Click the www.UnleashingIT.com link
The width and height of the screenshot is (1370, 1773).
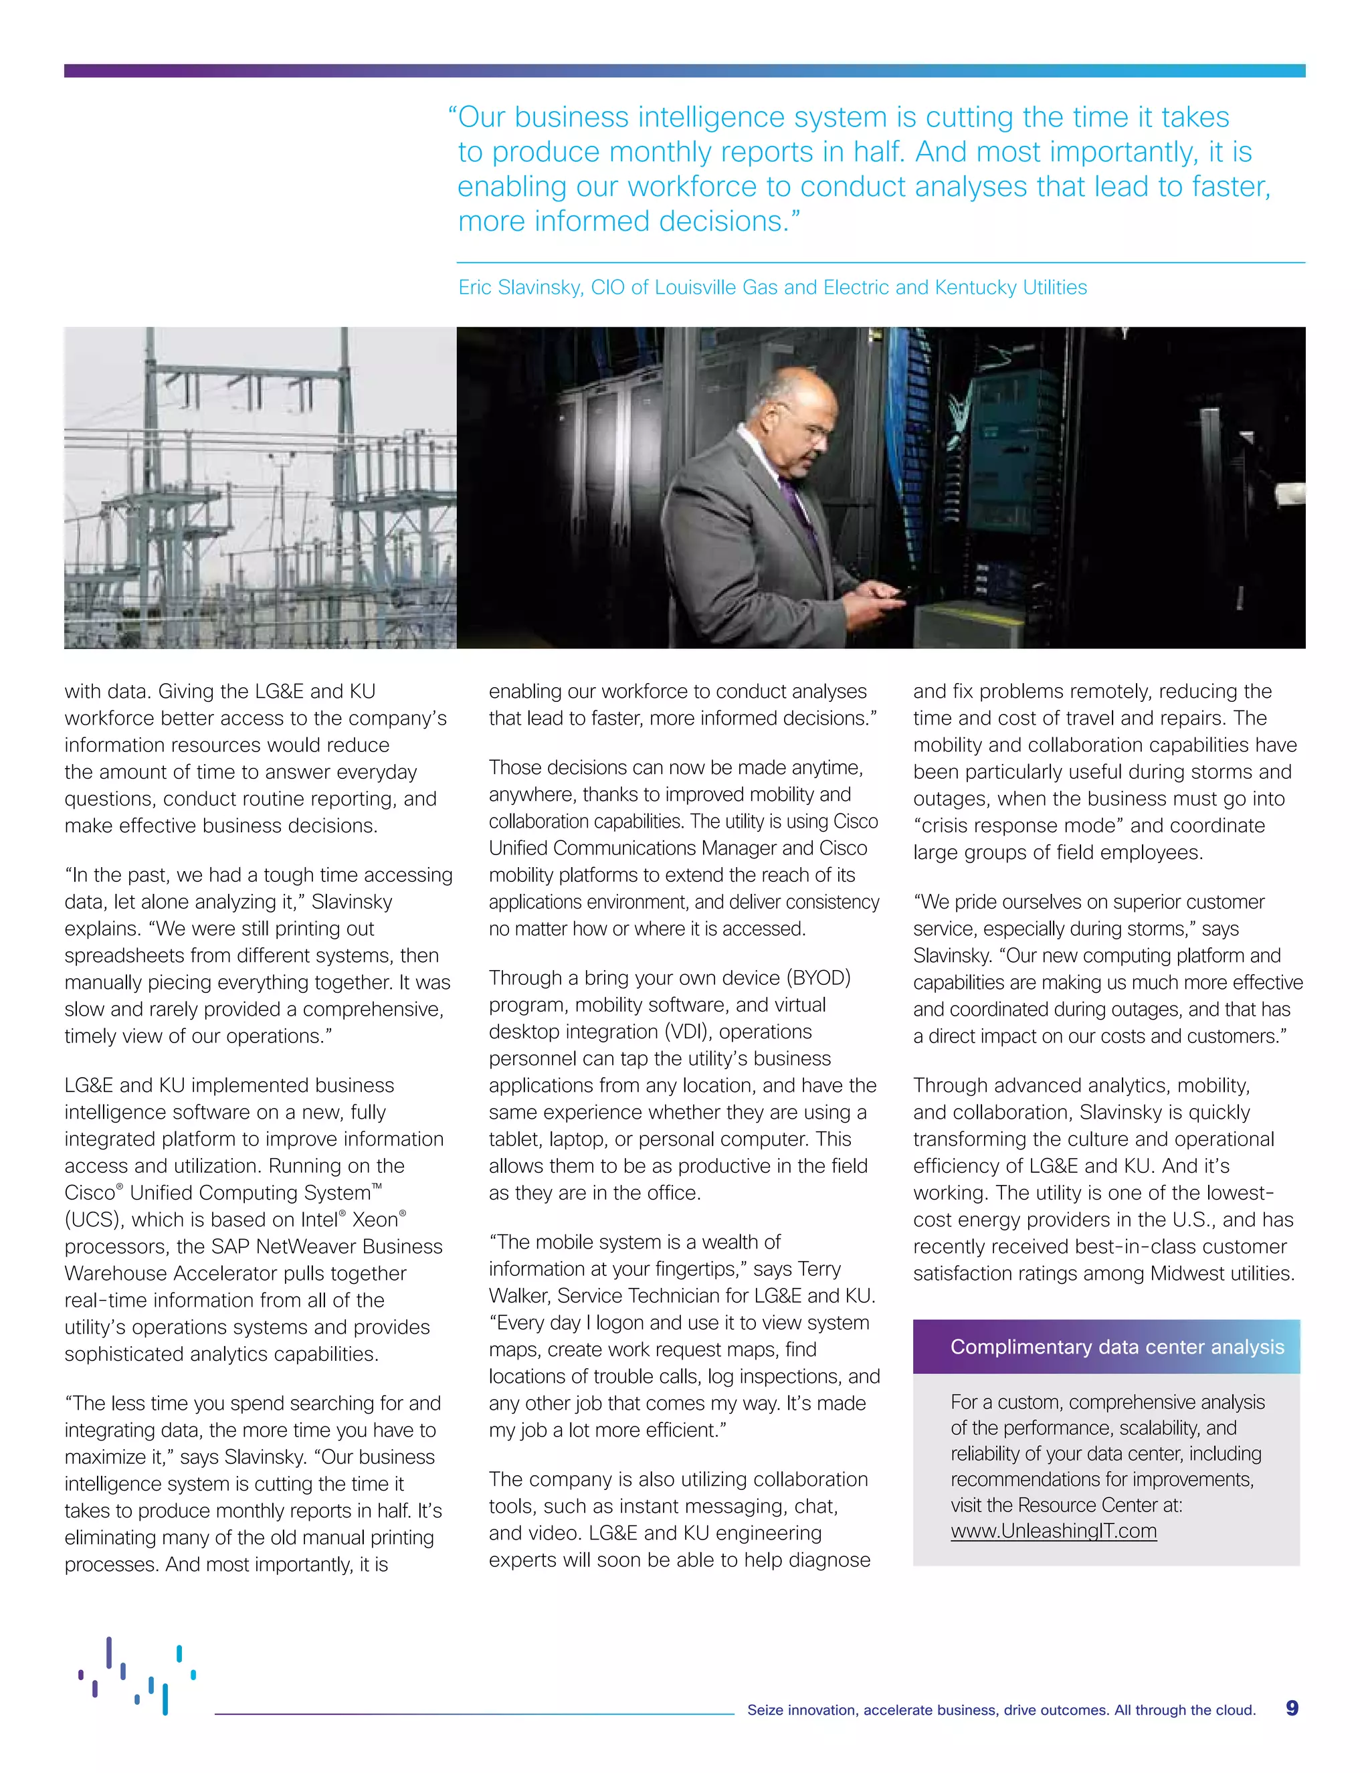coord(1054,1531)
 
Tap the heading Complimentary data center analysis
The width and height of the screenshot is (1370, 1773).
coord(1116,1347)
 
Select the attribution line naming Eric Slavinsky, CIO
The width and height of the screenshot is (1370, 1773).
coord(772,288)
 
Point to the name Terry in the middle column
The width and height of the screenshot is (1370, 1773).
coord(819,1269)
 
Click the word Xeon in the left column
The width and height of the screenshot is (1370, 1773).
coord(375,1219)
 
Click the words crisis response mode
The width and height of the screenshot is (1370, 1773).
coord(1021,826)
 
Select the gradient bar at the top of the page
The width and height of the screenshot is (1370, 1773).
coord(684,71)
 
